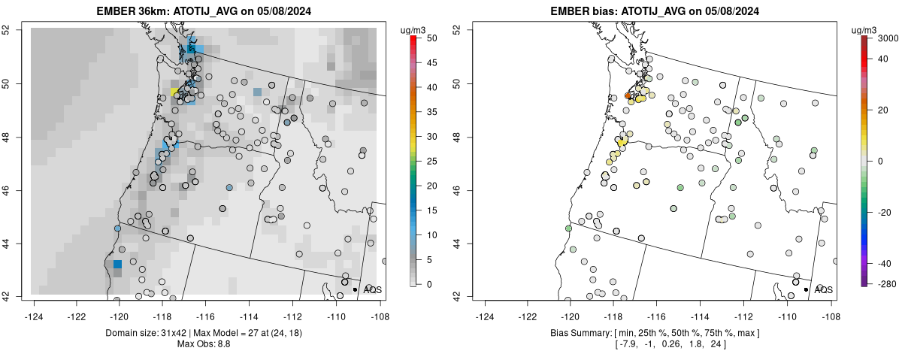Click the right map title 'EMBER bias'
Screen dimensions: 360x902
(580, 11)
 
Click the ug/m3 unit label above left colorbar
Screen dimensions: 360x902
(414, 29)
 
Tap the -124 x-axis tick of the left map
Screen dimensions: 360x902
(34, 307)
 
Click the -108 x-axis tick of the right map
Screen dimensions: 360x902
(831, 307)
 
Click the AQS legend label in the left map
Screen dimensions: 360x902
(372, 289)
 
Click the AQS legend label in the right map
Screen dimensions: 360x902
(823, 289)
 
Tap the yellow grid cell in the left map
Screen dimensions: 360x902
(174, 92)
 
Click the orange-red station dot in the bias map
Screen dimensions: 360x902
(628, 95)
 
